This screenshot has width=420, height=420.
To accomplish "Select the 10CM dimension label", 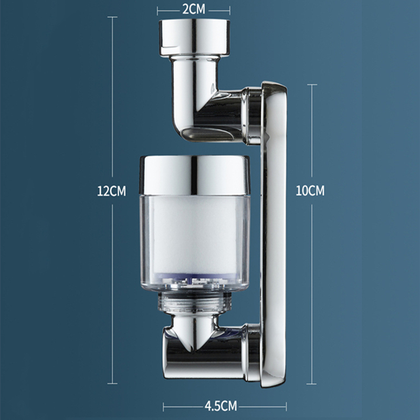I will coord(310,191).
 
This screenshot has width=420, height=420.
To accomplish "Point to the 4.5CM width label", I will coord(221,406).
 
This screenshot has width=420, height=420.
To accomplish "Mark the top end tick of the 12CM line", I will coord(112,17).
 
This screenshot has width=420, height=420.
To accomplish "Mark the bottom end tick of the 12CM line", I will coord(112,384).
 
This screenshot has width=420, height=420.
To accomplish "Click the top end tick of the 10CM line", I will coord(312,84).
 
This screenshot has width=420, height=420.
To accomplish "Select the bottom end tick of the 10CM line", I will coord(312,384).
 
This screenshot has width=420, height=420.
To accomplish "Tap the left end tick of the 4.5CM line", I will coord(163,406).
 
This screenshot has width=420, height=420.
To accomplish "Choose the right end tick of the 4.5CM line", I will coord(286,406).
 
